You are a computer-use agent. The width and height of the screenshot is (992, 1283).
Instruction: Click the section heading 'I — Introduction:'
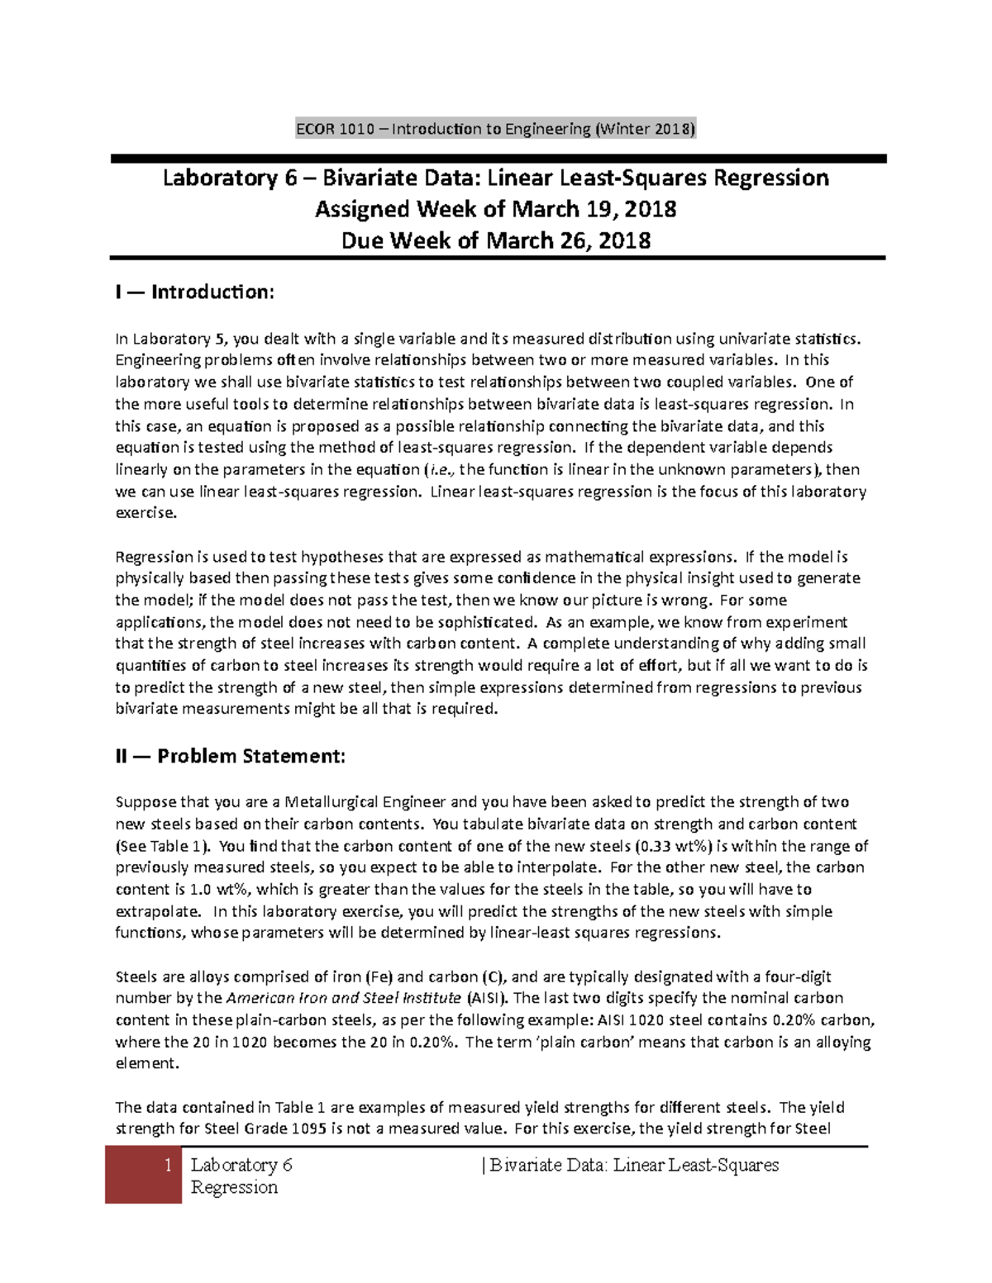pos(195,292)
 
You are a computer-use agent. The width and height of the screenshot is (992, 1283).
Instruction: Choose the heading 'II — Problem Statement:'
pos(231,756)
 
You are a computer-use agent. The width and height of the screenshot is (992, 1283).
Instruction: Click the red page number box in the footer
pos(144,1175)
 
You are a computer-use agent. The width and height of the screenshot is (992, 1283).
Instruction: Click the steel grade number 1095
pos(309,1129)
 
